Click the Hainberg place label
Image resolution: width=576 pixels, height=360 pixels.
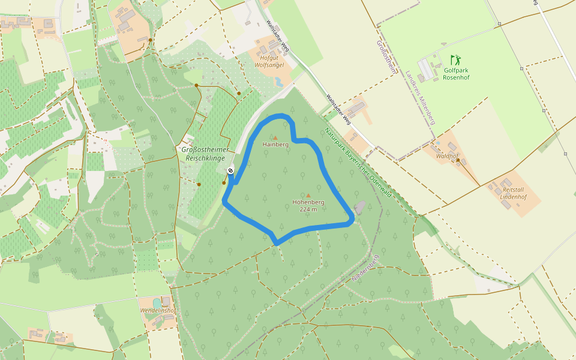(x=275, y=145)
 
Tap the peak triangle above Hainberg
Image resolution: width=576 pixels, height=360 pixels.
(x=275, y=137)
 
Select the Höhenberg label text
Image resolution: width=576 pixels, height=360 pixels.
(x=308, y=202)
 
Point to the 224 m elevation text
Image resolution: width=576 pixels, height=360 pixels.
(x=308, y=209)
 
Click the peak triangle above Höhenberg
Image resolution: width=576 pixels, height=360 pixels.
(x=308, y=196)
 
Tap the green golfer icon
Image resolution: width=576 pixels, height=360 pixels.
(x=455, y=60)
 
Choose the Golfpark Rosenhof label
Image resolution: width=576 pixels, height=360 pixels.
(x=457, y=74)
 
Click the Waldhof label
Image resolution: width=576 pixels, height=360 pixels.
(x=447, y=155)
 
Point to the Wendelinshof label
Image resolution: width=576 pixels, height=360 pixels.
(x=157, y=311)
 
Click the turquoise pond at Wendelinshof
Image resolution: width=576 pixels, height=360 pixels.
(x=157, y=302)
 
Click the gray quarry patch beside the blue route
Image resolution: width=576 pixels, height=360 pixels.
(x=359, y=208)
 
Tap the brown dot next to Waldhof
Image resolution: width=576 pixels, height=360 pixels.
(x=458, y=160)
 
